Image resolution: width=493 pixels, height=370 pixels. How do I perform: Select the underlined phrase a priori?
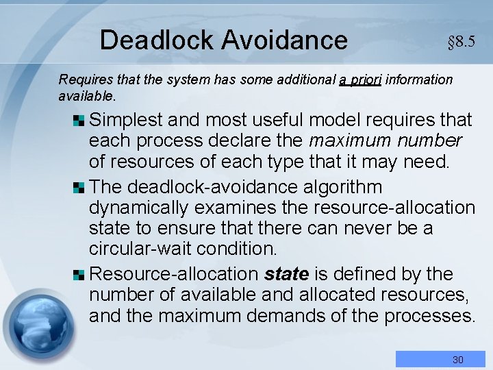pos(361,80)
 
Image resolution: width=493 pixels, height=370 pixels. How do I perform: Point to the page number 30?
pos(457,360)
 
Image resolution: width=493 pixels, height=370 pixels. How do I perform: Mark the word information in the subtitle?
pos(419,80)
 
